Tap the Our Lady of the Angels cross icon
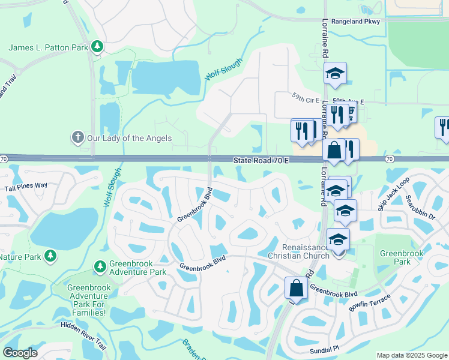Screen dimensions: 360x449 [77, 138]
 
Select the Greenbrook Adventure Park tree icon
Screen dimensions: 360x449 [100, 265]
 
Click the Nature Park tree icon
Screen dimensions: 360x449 [50, 256]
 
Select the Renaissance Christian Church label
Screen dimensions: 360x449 [306, 252]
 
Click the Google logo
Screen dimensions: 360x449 [20, 353]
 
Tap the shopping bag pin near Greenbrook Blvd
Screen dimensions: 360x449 [297, 288]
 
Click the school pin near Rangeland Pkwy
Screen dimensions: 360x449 [335, 74]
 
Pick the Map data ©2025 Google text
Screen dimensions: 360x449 [412, 355]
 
